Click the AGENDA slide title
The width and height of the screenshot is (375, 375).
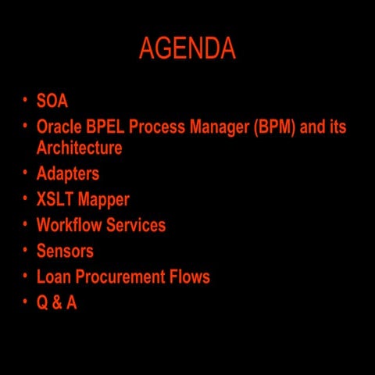point(187,49)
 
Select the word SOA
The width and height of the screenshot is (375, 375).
point(52,101)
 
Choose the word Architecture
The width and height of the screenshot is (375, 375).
point(79,148)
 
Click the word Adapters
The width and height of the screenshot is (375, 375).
point(68,173)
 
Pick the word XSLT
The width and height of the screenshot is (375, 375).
point(55,199)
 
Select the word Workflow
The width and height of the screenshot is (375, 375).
point(69,225)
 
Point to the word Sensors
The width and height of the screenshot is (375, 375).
point(65,251)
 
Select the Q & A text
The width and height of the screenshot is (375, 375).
point(56,302)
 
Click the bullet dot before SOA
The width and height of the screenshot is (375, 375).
point(25,100)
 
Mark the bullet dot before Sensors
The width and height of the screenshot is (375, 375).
point(25,250)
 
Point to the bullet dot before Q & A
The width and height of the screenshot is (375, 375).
point(25,302)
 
